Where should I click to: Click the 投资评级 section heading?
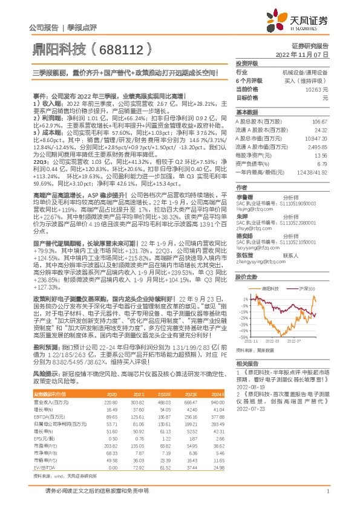[x=247, y=63]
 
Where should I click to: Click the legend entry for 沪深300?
[x=302, y=290]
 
